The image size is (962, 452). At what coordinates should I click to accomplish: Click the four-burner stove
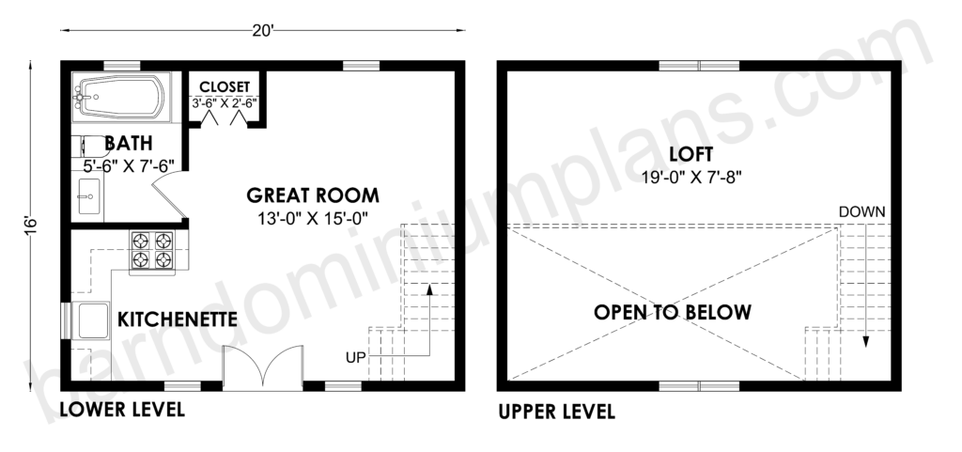[x=152, y=251]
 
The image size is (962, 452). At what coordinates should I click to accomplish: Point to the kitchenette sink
[x=90, y=320]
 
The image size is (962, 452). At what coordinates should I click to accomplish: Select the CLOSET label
[x=225, y=86]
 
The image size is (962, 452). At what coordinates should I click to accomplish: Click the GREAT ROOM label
[x=313, y=195]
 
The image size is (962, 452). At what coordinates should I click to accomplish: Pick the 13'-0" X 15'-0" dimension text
[x=313, y=218]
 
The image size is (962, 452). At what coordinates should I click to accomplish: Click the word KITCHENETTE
[x=178, y=320]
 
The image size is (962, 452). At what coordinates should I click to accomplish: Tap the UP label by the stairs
[x=356, y=357]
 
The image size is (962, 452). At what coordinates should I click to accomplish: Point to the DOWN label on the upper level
[x=862, y=212]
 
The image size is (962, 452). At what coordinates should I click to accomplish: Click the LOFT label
[x=691, y=153]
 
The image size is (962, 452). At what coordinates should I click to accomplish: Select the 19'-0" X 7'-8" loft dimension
[x=692, y=177]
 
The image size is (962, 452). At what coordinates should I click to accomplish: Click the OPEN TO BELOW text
[x=673, y=312]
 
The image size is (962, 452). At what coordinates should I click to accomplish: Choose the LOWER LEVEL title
[x=122, y=409]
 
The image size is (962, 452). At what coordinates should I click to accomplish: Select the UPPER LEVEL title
[x=556, y=412]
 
